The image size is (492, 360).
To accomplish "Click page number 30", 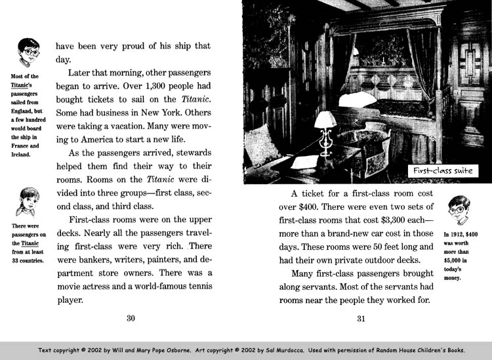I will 131,319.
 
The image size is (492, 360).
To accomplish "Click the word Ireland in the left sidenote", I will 23,155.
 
